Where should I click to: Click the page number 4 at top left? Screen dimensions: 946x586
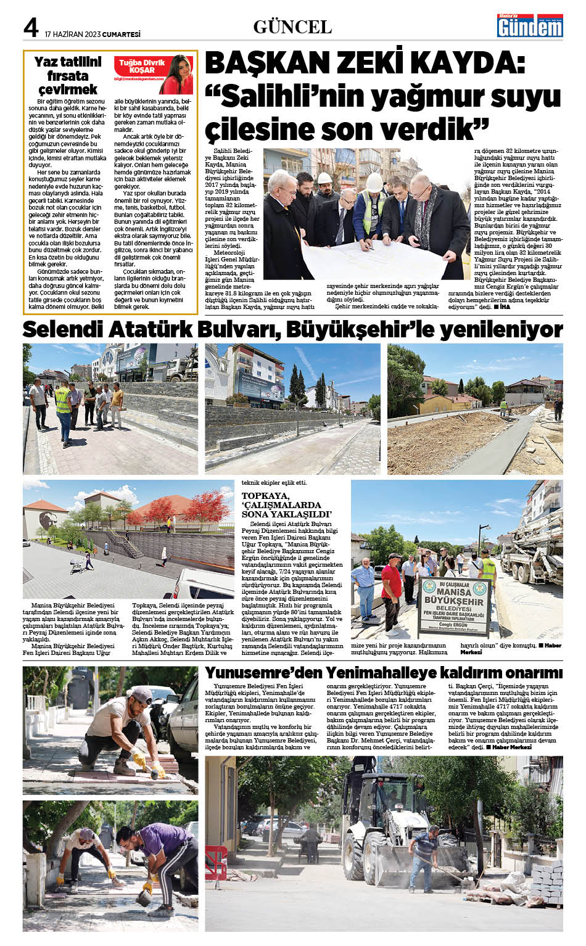coord(31,27)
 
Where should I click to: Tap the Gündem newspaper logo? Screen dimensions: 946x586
coord(530,27)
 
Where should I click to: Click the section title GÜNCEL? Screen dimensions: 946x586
coord(292,27)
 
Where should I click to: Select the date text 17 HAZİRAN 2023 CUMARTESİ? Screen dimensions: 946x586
coord(93,35)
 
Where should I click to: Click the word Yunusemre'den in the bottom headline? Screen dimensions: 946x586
coord(263,672)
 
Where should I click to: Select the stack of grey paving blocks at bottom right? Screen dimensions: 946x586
coord(547,882)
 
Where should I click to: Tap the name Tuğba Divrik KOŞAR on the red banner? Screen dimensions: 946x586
coord(142,66)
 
